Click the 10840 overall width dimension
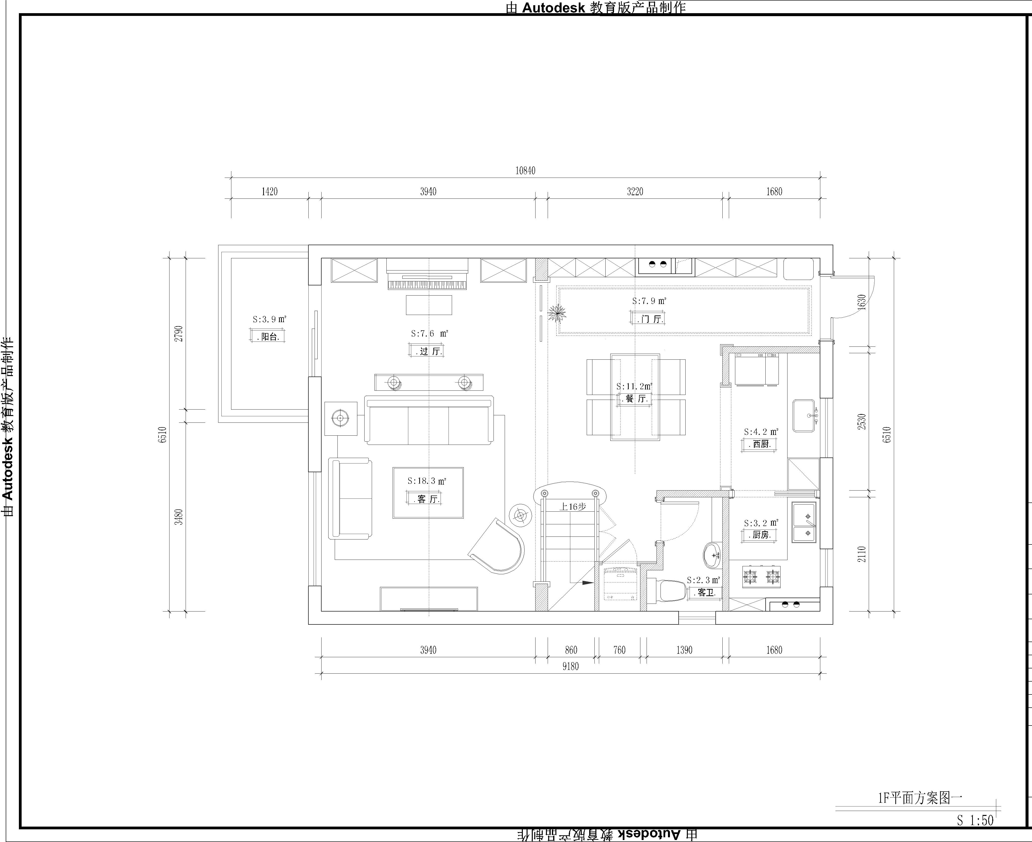[526, 171]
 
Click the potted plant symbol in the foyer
[557, 313]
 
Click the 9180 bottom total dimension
[571, 666]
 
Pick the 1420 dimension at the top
[270, 191]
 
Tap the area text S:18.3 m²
[427, 481]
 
